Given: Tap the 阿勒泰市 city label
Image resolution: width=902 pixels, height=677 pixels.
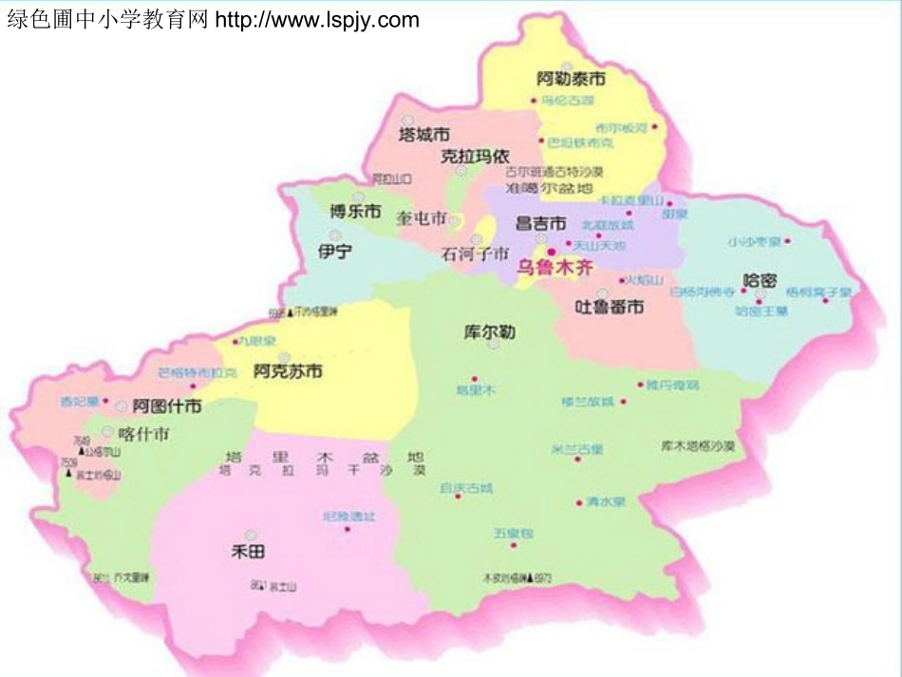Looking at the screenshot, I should (x=571, y=78).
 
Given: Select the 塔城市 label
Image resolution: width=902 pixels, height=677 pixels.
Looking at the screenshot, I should (x=423, y=134).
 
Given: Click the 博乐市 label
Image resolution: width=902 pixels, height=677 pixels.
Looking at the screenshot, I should (x=355, y=212).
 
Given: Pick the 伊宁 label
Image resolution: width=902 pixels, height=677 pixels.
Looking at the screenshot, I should (x=335, y=252).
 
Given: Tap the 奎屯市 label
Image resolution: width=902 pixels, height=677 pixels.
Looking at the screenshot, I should (x=422, y=218).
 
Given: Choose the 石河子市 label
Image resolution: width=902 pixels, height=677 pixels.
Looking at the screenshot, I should (x=476, y=254).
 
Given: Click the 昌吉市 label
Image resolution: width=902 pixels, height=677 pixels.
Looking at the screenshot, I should (x=540, y=224).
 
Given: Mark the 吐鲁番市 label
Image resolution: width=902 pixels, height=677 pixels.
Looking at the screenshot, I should (x=610, y=307).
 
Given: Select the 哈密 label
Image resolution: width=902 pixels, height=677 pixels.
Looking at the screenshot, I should (x=760, y=281).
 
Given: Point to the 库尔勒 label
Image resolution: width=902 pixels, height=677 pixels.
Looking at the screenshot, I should (x=489, y=332).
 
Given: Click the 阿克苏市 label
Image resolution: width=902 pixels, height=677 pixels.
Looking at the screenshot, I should (x=288, y=371).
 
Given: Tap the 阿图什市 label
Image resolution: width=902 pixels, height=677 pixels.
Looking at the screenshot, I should (x=167, y=406).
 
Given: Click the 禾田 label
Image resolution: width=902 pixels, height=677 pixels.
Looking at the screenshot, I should (x=248, y=550).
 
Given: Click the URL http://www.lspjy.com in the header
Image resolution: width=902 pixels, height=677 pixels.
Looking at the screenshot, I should (x=317, y=20).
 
